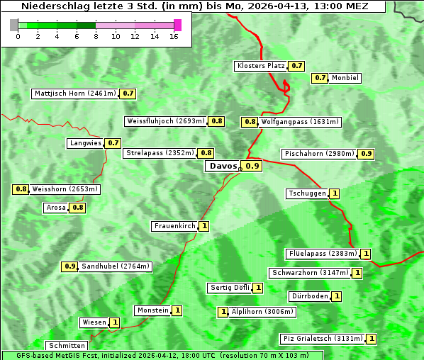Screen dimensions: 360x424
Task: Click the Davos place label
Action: [x=223, y=166]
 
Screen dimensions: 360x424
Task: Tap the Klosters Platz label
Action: [x=260, y=66]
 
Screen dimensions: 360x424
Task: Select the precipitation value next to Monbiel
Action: [x=320, y=78]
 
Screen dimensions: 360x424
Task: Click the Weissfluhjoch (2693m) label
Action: [x=166, y=121]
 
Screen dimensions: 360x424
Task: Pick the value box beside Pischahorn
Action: [x=366, y=154]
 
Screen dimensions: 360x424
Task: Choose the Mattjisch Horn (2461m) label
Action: [x=75, y=94]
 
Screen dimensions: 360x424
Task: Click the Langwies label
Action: [x=85, y=143]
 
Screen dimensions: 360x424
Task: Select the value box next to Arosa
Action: [x=77, y=208]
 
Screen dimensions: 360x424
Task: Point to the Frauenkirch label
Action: [x=174, y=226]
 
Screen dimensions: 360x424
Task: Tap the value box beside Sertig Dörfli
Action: [x=258, y=288]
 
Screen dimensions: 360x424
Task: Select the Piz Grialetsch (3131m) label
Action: [x=323, y=339]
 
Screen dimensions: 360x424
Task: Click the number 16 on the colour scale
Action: [x=174, y=36]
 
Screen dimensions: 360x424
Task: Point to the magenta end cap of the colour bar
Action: [x=177, y=25]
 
